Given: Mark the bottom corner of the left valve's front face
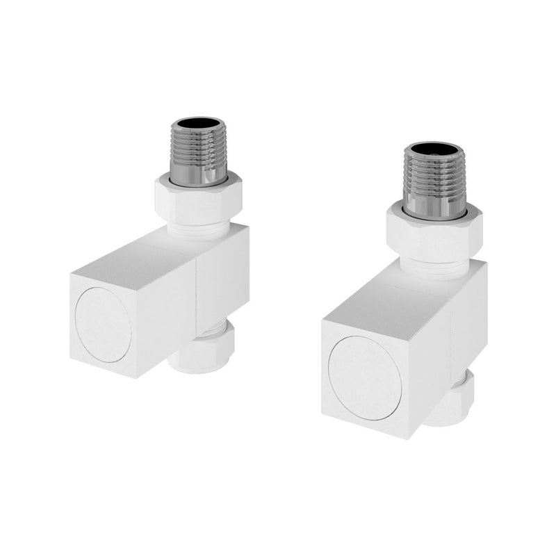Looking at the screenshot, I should click(132, 376).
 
